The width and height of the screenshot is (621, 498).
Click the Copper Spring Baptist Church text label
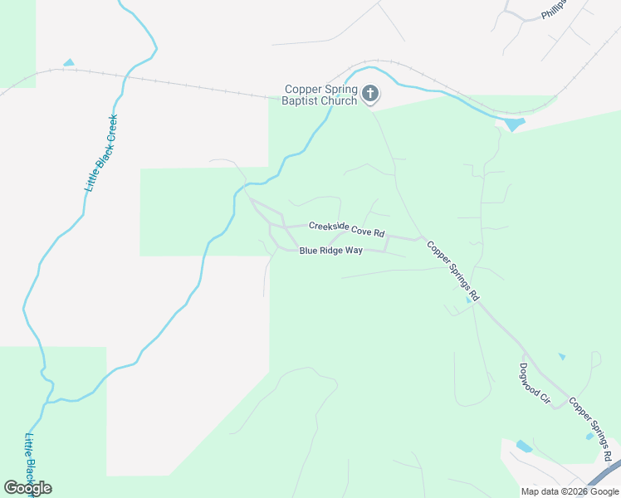tap(320, 95)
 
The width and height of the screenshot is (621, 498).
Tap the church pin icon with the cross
tap(370, 95)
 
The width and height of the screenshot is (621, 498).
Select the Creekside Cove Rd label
tap(347, 228)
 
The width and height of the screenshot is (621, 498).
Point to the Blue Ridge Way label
tap(330, 250)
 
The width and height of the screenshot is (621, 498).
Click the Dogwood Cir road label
tap(535, 383)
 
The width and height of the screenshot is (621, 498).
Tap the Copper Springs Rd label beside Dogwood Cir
tap(591, 429)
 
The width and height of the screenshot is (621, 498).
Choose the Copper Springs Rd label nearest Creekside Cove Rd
tap(452, 271)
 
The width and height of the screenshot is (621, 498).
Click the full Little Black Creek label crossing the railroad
tap(102, 154)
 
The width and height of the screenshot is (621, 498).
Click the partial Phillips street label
tap(552, 9)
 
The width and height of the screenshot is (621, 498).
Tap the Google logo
tap(27, 487)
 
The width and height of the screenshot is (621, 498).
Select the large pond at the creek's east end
tap(514, 124)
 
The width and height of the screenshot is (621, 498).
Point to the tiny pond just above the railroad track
tap(68, 63)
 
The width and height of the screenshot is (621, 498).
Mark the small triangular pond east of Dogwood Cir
tap(562, 357)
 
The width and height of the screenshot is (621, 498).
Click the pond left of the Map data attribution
tap(524, 447)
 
